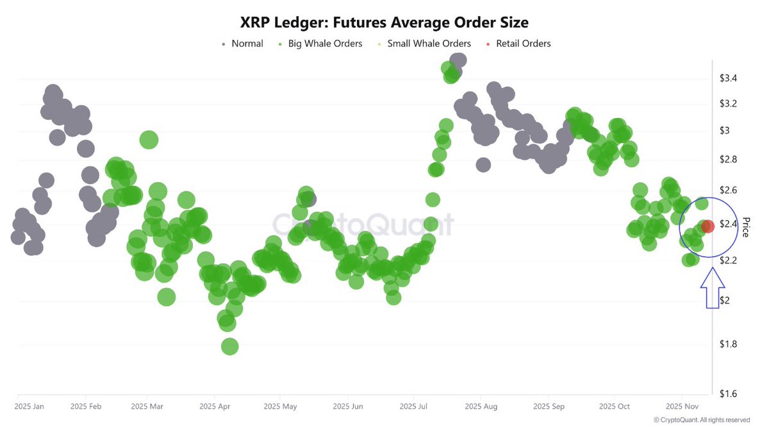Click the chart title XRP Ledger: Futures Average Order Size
[x=384, y=22]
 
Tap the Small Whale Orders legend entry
[x=429, y=44]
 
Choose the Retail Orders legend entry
[x=523, y=44]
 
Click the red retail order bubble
[x=707, y=226]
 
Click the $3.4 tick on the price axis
[x=728, y=78]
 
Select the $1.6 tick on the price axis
[x=728, y=394]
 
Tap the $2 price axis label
[x=724, y=300]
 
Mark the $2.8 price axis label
[x=728, y=159]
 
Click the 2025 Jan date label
[x=29, y=406]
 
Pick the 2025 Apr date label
[x=215, y=406]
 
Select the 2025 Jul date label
[x=414, y=406]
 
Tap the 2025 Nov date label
[x=681, y=406]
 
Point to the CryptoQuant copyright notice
[x=702, y=420]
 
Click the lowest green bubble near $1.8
[x=229, y=346]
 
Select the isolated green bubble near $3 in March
[x=149, y=140]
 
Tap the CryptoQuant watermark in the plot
[x=363, y=225]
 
